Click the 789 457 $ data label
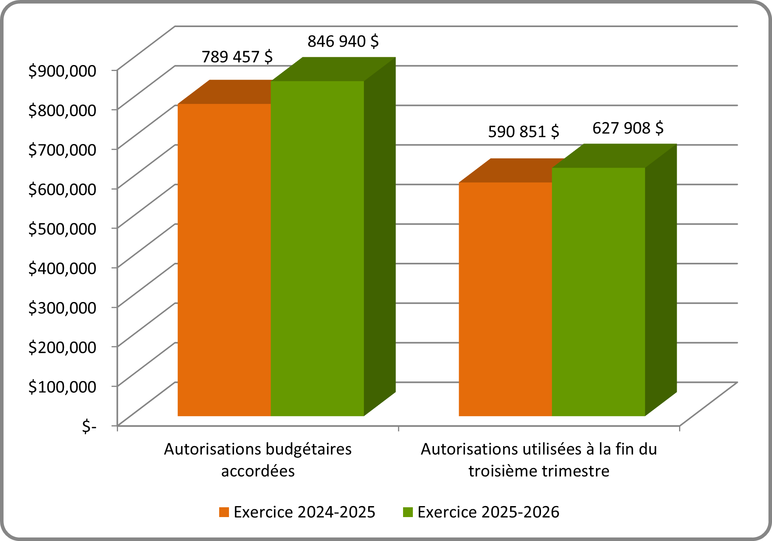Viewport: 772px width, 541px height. (237, 57)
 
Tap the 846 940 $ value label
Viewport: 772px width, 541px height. (343, 41)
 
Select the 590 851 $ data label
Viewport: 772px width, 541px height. (523, 132)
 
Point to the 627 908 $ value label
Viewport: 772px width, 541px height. (628, 128)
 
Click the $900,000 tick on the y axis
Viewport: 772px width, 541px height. (62, 71)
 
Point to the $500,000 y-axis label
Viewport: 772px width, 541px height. (62, 229)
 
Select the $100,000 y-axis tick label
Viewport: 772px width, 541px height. (62, 387)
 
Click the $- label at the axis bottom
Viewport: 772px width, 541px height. (89, 426)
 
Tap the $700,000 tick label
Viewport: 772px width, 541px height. (62, 149)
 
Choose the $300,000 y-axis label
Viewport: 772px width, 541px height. (62, 308)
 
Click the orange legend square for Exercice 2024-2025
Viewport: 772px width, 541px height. (224, 512)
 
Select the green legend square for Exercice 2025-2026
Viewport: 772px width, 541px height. (408, 512)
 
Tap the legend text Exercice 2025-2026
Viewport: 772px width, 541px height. (488, 512)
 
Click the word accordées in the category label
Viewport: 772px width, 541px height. (258, 471)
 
